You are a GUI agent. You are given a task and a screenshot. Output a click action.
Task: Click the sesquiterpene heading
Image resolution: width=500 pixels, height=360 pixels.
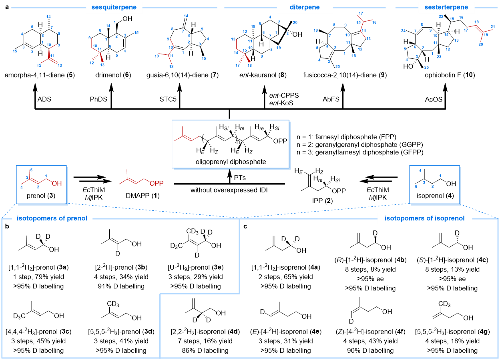coord(114,8)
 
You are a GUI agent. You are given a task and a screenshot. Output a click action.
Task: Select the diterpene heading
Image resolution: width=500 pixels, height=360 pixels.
coord(305,8)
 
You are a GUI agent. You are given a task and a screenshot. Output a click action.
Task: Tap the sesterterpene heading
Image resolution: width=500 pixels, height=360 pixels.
coord(446,8)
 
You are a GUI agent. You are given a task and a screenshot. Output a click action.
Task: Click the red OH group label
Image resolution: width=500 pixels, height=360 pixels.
coord(57,184)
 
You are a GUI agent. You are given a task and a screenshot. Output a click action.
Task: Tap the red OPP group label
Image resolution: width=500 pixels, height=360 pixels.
coord(157,184)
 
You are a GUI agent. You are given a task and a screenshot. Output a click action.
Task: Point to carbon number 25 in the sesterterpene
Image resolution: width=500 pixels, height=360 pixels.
coord(426,68)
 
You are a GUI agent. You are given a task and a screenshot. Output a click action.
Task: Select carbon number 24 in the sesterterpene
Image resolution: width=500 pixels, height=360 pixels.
coord(403,31)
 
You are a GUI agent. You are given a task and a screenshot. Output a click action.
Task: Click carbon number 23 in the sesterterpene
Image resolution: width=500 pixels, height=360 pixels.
coord(439,57)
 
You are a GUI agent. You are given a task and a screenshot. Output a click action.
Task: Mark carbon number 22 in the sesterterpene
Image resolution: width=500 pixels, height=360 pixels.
coord(441,17)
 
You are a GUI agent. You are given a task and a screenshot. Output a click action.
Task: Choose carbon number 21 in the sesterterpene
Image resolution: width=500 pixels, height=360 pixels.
coord(493,27)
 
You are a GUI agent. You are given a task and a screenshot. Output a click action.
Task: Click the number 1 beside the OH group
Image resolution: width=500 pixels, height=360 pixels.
coord(46,176)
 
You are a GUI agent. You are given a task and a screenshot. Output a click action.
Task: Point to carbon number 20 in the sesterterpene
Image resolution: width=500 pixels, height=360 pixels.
coord(480,45)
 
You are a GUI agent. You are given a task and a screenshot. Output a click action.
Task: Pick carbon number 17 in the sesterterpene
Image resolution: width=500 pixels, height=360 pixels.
coord(466,30)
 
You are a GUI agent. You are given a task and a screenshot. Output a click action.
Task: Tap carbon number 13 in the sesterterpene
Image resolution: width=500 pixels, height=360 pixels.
coord(456,40)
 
